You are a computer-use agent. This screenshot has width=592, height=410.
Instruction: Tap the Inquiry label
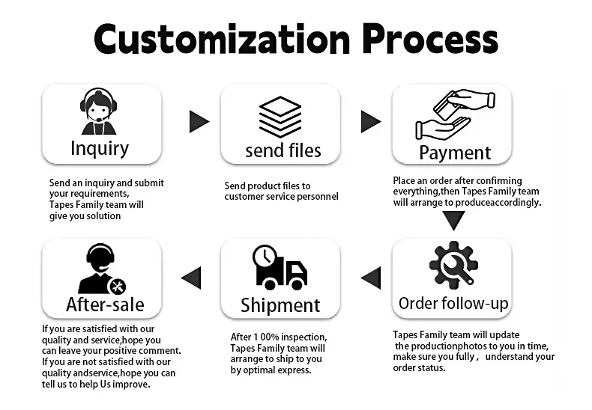pyautogui.click(x=100, y=148)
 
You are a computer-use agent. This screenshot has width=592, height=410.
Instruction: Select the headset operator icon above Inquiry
pyautogui.click(x=98, y=111)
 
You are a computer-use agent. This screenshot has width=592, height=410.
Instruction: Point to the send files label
pyautogui.click(x=283, y=150)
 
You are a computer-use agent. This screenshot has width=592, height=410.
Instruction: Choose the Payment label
pyautogui.click(x=455, y=153)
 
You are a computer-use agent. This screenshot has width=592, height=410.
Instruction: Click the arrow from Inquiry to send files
pyautogui.click(x=199, y=121)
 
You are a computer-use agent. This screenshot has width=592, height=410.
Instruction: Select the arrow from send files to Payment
pyautogui.click(x=371, y=121)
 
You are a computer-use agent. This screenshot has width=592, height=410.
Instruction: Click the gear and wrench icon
pyautogui.click(x=453, y=266)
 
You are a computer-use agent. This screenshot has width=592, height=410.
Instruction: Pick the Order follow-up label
pyautogui.click(x=453, y=303)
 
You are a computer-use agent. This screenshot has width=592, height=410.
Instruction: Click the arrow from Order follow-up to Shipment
pyautogui.click(x=371, y=278)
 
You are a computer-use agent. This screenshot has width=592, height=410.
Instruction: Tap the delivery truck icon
pyautogui.click(x=280, y=267)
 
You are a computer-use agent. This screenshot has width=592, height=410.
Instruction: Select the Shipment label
pyautogui.click(x=280, y=305)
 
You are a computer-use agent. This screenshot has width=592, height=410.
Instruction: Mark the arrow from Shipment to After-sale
pyautogui.click(x=192, y=278)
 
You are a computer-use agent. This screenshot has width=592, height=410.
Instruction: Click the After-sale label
pyautogui.click(x=105, y=305)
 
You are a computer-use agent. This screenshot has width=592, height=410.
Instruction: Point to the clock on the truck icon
pyautogui.click(x=263, y=257)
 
